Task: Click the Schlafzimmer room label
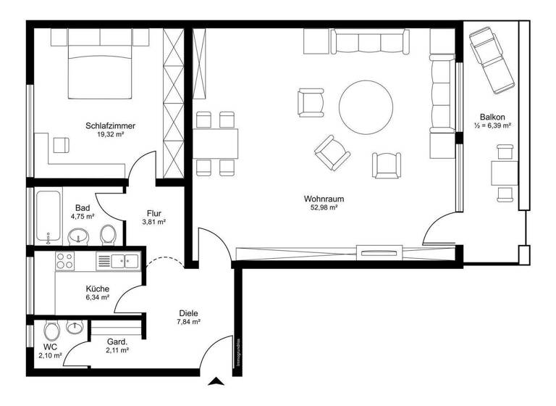click(x=110, y=125)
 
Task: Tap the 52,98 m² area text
click(x=324, y=207)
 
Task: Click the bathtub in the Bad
click(x=49, y=217)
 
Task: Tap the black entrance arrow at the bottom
click(x=216, y=382)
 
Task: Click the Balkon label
click(x=492, y=117)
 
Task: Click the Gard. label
click(x=117, y=341)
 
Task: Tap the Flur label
click(x=153, y=214)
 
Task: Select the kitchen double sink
click(x=130, y=260)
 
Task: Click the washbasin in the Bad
click(x=78, y=236)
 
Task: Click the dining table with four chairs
click(x=216, y=143)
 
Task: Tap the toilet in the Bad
click(x=108, y=234)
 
